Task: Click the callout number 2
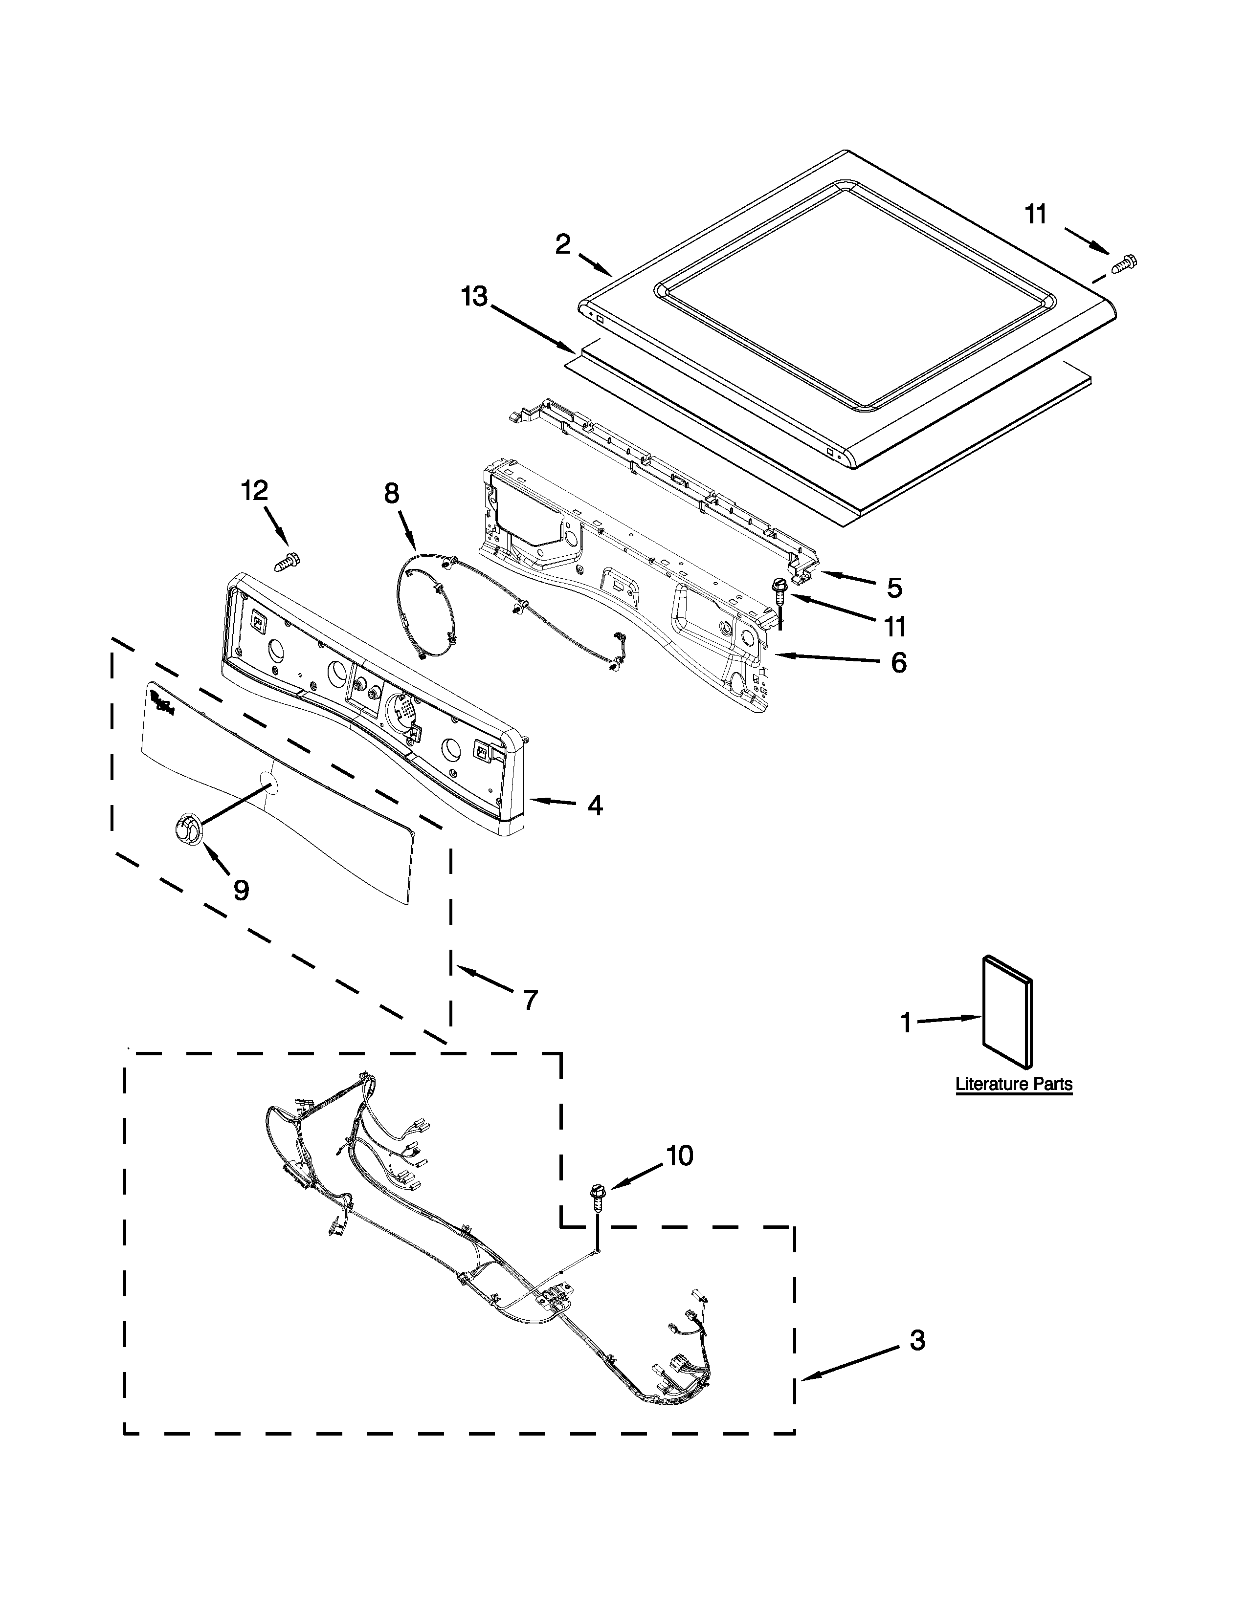(x=563, y=244)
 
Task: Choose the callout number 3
(x=917, y=1340)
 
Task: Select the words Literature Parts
(x=1014, y=1084)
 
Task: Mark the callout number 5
(x=894, y=588)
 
